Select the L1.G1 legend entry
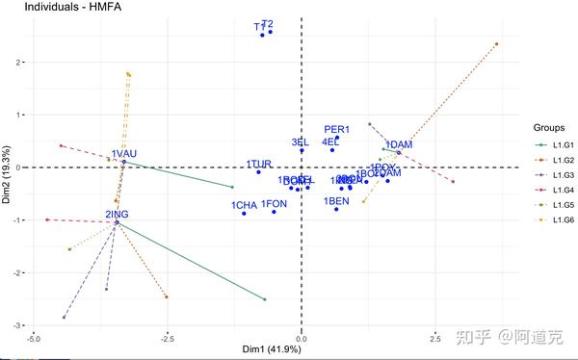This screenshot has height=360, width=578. (556, 145)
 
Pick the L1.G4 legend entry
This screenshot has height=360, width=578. (556, 190)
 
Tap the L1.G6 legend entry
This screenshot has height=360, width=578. (556, 219)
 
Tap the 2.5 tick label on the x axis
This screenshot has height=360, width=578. (434, 338)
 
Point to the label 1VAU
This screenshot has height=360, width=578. (124, 154)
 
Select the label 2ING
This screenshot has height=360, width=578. (117, 214)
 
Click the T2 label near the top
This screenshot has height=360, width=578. (267, 23)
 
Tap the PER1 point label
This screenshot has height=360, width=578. (336, 130)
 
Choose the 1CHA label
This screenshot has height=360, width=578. (244, 205)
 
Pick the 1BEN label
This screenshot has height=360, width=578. (336, 200)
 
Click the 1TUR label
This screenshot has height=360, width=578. (259, 165)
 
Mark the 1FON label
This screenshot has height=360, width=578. (275, 204)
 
